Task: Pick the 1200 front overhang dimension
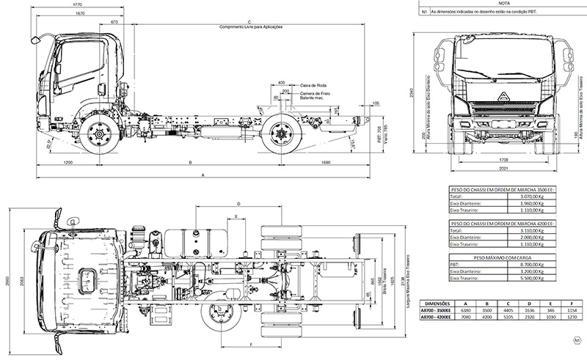(68, 161)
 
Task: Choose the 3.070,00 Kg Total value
(533, 197)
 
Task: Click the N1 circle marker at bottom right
(577, 340)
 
